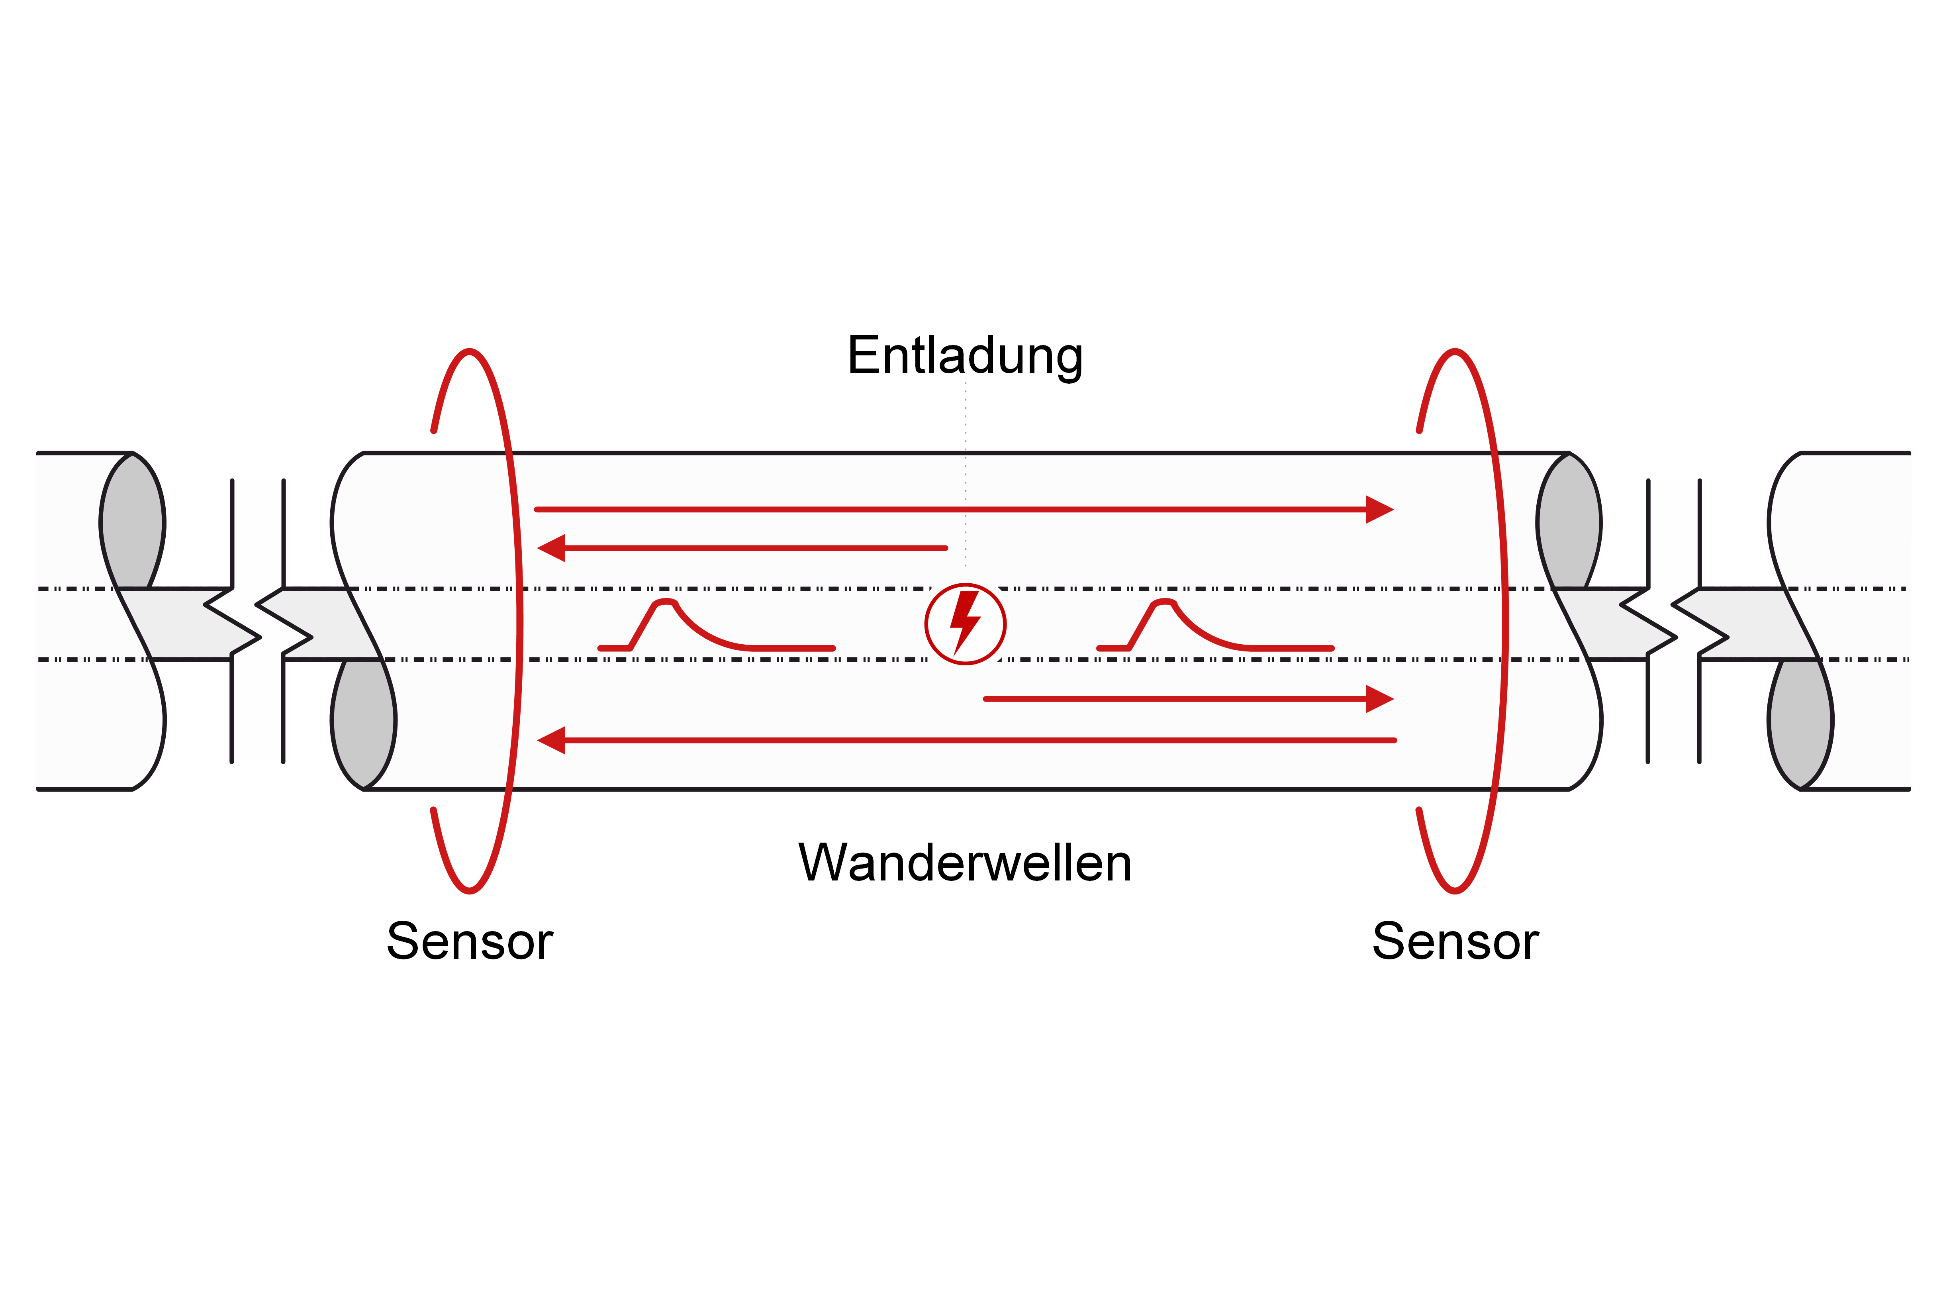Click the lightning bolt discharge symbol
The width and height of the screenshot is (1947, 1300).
point(965,624)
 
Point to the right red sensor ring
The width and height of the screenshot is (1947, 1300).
point(1504,622)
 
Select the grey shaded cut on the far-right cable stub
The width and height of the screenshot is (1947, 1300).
point(1800,721)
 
